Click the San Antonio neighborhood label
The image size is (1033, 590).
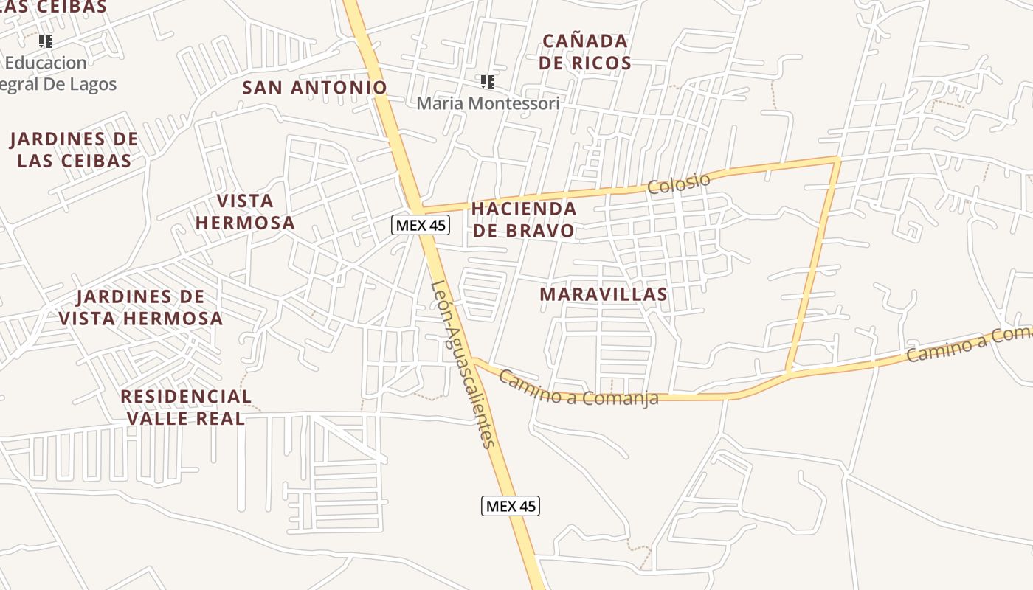[315, 87]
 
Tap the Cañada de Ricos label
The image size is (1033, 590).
[584, 52]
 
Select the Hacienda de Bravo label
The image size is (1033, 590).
[524, 219]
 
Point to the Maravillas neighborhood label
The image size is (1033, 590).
[604, 294]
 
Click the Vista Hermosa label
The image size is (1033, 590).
[245, 212]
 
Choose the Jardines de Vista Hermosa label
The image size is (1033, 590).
[140, 308]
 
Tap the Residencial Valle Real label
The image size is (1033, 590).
[186, 407]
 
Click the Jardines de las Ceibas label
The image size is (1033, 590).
[74, 150]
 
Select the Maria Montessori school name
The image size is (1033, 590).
[488, 103]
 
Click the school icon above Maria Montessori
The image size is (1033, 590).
[487, 81]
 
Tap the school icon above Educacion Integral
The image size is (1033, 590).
[46, 41]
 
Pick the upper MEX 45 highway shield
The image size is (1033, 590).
[420, 225]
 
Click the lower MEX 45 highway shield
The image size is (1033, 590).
[511, 506]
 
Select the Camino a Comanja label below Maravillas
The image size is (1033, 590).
[578, 389]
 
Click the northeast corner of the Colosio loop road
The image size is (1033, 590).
[837, 159]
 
